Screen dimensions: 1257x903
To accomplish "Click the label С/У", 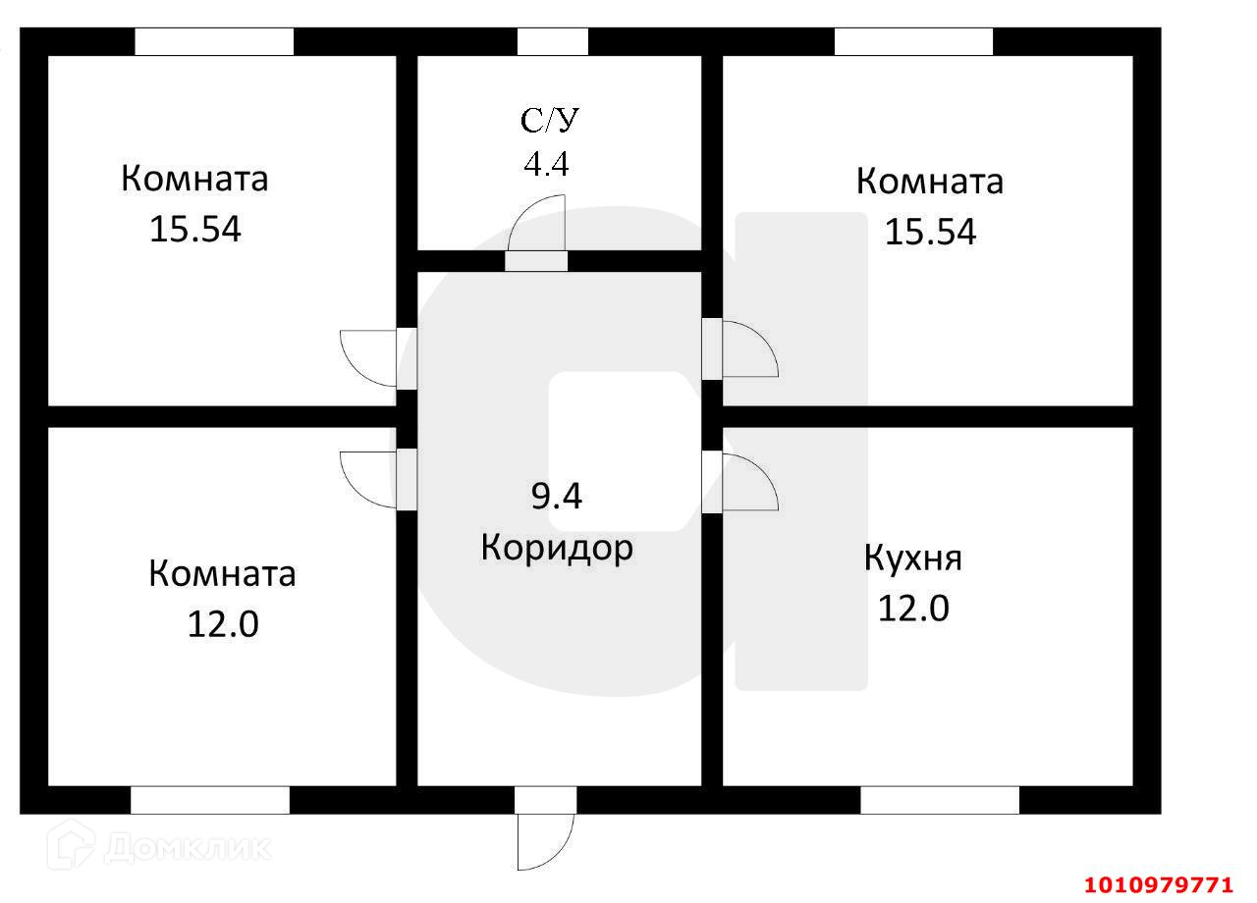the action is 550,121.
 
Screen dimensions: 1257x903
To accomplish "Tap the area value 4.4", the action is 546,163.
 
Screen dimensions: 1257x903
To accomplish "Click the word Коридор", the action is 557,548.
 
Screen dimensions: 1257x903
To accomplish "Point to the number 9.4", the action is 557,497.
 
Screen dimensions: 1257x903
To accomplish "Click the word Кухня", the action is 913,558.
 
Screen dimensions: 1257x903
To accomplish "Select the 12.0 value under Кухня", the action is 913,609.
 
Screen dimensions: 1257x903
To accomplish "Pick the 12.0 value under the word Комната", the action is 223,623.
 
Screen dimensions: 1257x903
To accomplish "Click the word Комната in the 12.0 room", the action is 222,573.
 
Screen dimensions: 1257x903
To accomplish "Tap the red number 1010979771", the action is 1158,885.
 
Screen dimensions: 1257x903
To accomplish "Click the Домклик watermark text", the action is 187,846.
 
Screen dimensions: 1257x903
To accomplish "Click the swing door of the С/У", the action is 539,226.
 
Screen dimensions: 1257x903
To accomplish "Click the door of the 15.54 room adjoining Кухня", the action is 748,348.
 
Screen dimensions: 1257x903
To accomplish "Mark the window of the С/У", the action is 552,41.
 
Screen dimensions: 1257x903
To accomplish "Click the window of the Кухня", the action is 940,800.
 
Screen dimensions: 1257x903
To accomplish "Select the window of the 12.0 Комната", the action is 210,800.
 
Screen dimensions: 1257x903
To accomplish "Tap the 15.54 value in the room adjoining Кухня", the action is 930,232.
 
